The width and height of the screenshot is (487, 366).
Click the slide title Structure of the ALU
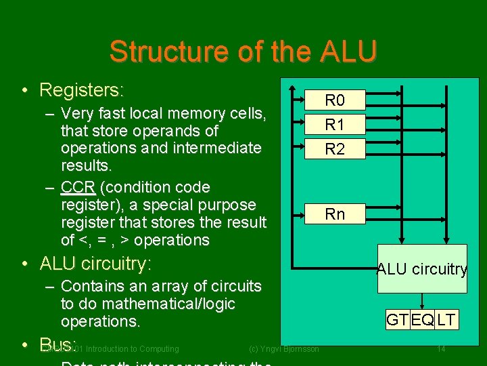click(243, 52)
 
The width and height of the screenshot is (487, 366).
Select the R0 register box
click(335, 101)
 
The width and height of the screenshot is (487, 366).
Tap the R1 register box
click(335, 125)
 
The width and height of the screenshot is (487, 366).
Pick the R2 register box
click(335, 149)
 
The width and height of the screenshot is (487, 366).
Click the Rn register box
click(335, 214)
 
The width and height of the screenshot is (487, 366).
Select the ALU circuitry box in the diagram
click(422, 269)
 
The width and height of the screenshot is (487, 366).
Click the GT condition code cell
click(397, 320)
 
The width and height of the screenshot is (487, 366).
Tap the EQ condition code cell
click(422, 320)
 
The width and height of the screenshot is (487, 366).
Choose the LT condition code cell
click(446, 320)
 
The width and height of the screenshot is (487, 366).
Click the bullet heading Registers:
click(82, 89)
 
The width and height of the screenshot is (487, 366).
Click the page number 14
click(441, 349)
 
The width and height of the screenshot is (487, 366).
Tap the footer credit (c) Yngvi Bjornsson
click(284, 349)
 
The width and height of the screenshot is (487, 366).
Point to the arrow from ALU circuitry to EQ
click(422, 302)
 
